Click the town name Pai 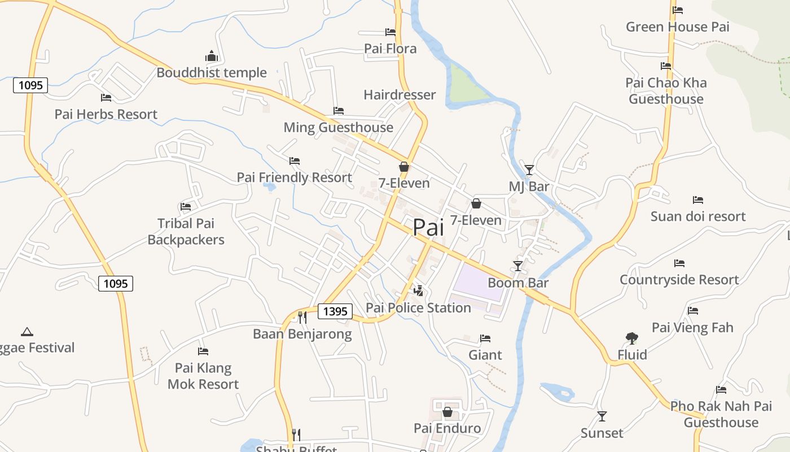[x=428, y=227]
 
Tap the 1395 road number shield [x=335, y=311]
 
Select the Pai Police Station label [x=418, y=308]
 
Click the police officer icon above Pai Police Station [x=418, y=291]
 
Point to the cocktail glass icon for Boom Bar [x=518, y=266]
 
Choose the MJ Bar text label [x=529, y=186]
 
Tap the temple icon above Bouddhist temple [x=212, y=56]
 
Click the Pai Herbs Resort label [x=106, y=114]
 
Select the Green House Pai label [x=678, y=27]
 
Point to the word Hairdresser [x=400, y=94]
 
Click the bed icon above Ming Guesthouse [x=339, y=111]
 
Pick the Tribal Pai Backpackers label [x=186, y=232]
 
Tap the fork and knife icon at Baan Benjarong [x=302, y=317]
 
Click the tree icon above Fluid [x=632, y=338]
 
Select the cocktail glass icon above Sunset [x=602, y=416]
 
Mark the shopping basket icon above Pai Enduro [x=447, y=412]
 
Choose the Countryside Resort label [x=679, y=280]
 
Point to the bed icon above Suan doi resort [x=698, y=200]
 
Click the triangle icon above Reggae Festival [x=27, y=332]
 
